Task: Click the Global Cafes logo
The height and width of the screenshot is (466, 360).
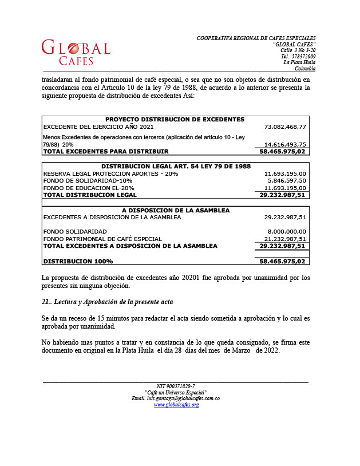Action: click(x=76, y=52)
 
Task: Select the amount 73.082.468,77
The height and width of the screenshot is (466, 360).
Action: click(x=285, y=127)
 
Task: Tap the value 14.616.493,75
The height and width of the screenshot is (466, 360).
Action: click(x=285, y=145)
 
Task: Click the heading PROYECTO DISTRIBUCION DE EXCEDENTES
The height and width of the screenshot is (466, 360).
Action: click(x=175, y=119)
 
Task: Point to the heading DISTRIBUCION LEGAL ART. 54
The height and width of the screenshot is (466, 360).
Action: click(x=175, y=166)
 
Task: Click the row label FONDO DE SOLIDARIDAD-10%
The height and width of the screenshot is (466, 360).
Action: click(x=88, y=180)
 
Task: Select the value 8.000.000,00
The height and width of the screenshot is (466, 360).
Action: click(x=286, y=231)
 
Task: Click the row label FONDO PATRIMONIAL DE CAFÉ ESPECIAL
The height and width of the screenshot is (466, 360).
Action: click(x=102, y=239)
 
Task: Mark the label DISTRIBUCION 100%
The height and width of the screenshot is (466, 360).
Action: click(x=78, y=261)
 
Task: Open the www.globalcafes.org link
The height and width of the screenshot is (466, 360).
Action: click(x=176, y=405)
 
